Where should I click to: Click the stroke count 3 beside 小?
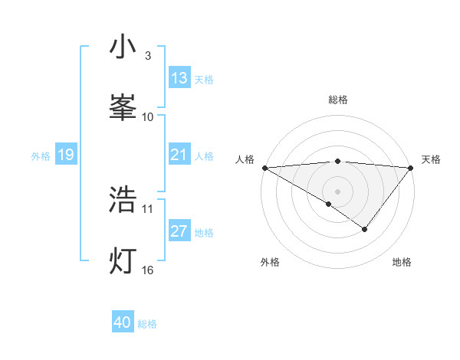[148, 56]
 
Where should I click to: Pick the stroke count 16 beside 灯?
[148, 270]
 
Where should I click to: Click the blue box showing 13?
[179, 78]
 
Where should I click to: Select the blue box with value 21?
[179, 155]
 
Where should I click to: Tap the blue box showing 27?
[179, 231]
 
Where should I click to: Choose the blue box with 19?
[66, 155]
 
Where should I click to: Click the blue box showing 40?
[123, 322]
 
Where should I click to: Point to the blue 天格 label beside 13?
[204, 79]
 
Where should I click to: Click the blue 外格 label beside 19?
[41, 155]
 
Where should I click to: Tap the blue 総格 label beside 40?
[147, 324]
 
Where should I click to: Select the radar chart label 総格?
[337, 100]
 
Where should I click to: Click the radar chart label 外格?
[270, 262]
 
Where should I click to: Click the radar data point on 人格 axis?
[264, 167]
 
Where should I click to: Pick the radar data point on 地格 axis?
[365, 229]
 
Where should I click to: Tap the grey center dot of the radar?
[337, 191]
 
